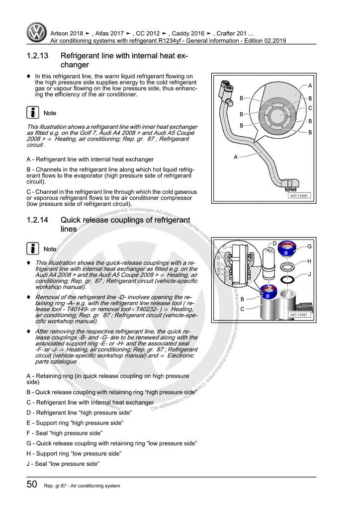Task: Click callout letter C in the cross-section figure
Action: tap(310, 108)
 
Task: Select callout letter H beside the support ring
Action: tap(310, 261)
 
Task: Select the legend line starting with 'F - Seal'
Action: tap(65, 433)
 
